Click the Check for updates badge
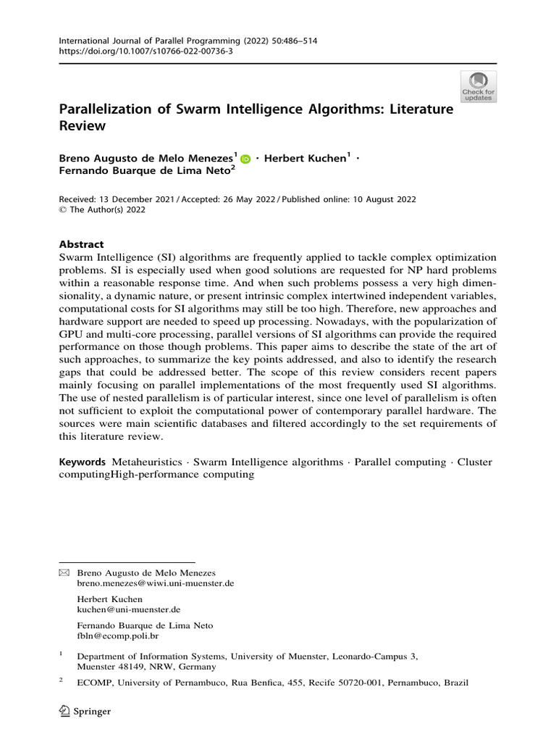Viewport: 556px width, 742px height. pyautogui.click(x=479, y=86)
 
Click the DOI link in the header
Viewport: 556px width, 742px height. pyautogui.click(x=135, y=53)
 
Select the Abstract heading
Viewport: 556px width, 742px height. pyautogui.click(x=81, y=245)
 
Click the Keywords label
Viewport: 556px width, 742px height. pyautogui.click(x=83, y=462)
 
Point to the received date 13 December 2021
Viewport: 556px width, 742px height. pyautogui.click(x=134, y=199)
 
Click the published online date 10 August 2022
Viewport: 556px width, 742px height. pyautogui.click(x=377, y=199)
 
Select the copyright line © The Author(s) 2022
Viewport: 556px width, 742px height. pyautogui.click(x=102, y=210)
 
